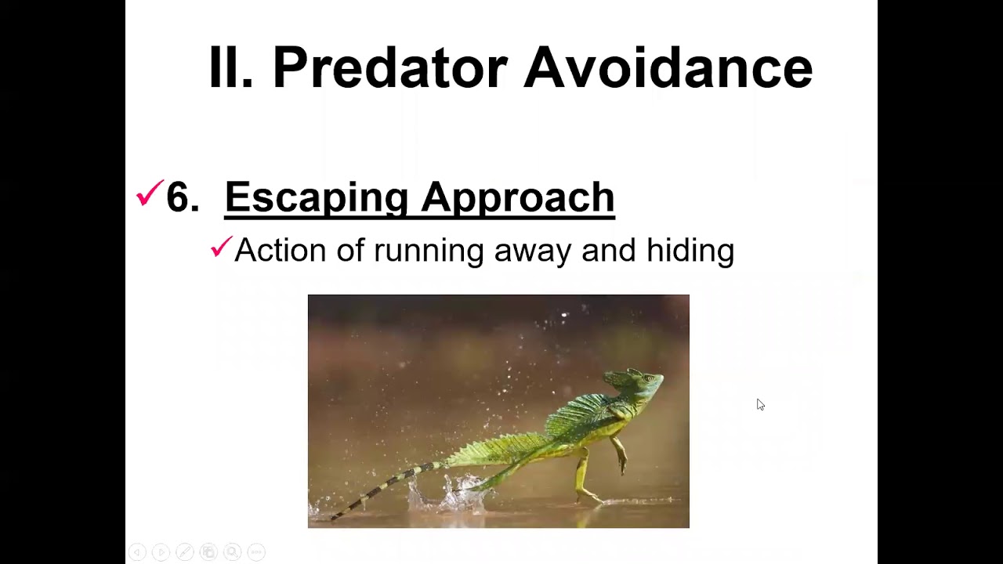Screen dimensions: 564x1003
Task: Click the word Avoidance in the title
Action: [x=668, y=67]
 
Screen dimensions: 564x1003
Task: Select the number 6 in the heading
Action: [x=182, y=197]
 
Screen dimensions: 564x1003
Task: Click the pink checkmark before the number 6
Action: [x=149, y=193]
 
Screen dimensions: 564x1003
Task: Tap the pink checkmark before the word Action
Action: [x=222, y=248]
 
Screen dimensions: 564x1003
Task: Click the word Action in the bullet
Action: [x=280, y=251]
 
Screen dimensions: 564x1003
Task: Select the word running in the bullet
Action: [x=429, y=251]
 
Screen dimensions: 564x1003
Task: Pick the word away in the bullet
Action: [x=533, y=251]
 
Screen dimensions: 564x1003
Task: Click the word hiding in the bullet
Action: [x=690, y=251]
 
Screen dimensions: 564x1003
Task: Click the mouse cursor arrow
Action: [x=760, y=404]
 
